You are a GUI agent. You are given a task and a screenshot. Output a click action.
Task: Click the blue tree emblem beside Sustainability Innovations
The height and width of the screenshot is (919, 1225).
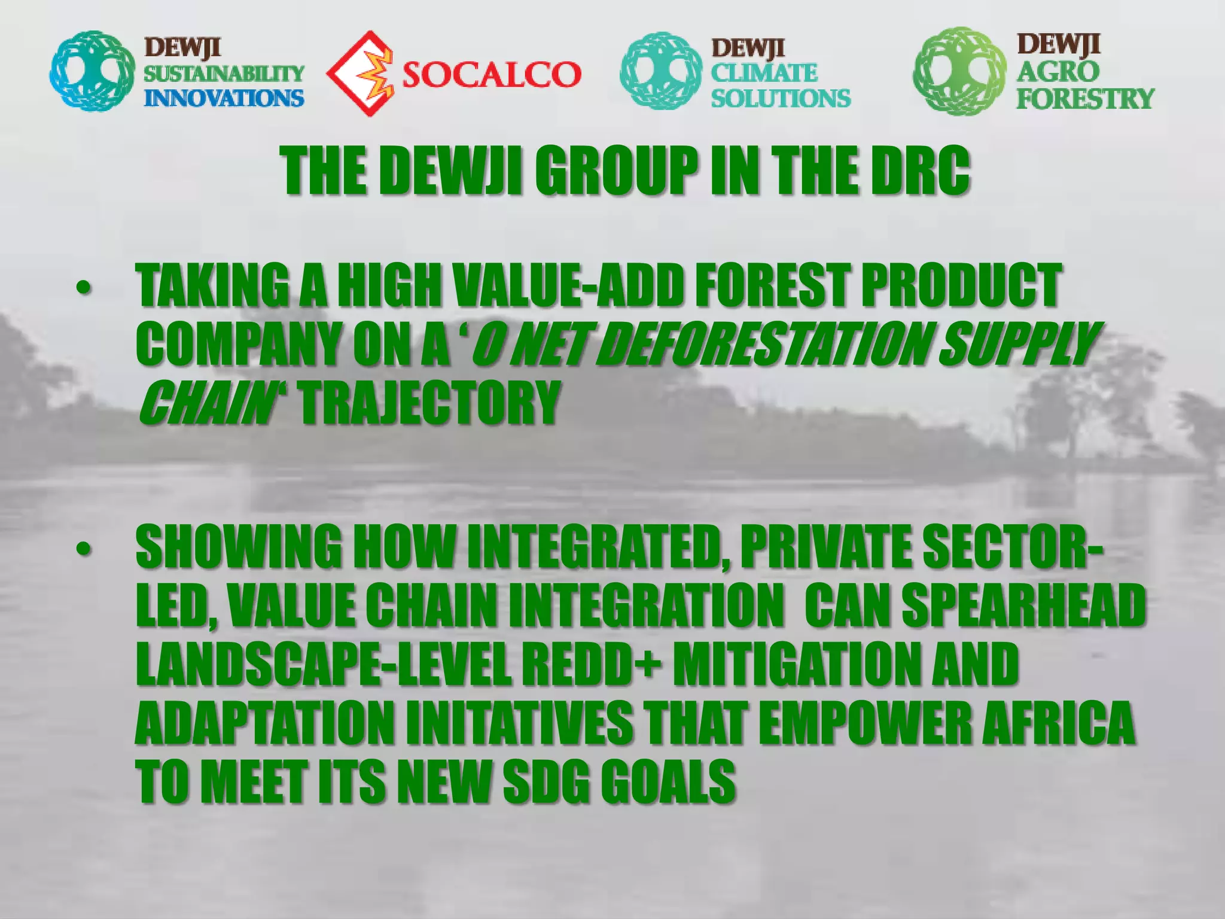(x=92, y=71)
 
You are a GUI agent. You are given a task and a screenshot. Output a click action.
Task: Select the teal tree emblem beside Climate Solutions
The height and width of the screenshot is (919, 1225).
(x=660, y=72)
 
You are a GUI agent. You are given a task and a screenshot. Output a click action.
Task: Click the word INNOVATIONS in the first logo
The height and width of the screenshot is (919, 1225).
(x=224, y=98)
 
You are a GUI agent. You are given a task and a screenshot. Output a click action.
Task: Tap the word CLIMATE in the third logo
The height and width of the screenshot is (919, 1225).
(x=764, y=73)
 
